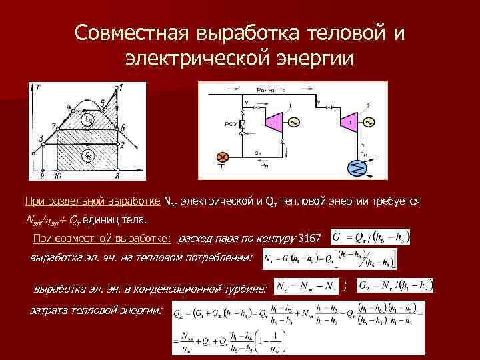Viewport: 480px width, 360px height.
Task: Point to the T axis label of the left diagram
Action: [38, 87]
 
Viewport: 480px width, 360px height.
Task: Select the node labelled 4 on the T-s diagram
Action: [69, 107]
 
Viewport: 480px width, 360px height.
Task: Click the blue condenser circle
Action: [355, 168]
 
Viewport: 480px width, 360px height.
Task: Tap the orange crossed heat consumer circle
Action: [223, 157]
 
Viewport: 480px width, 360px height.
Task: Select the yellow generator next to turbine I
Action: [293, 123]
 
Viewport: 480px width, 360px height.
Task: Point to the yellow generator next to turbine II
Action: [367, 123]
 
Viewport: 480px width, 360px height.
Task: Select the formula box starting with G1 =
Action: [369, 237]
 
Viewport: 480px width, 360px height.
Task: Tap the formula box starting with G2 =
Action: [395, 286]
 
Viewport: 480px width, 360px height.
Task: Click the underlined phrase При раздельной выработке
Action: [93, 201]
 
